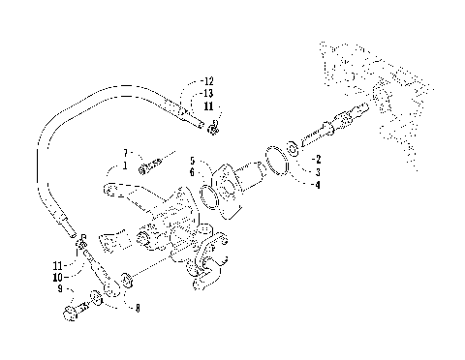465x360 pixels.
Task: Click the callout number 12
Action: click(208, 80)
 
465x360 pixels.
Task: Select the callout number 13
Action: click(208, 93)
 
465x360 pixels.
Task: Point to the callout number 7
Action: click(126, 154)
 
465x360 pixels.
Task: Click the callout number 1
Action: click(126, 165)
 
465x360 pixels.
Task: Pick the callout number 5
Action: click(193, 160)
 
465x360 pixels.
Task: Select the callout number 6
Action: click(193, 171)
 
